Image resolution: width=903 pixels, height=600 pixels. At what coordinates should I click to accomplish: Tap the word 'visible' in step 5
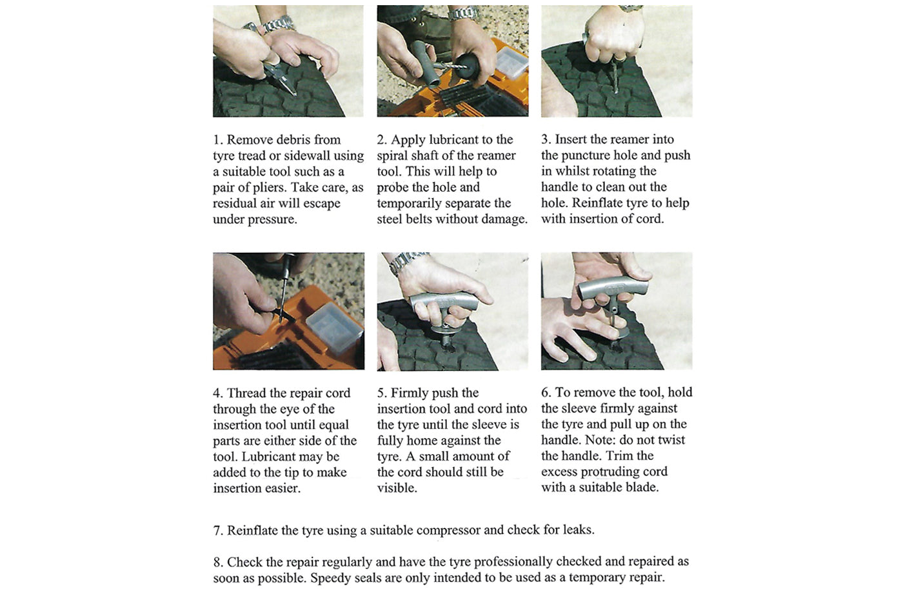point(396,488)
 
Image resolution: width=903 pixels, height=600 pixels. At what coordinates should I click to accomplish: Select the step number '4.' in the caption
point(218,394)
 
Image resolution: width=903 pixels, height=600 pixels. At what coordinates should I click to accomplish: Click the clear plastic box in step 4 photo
point(333,328)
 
